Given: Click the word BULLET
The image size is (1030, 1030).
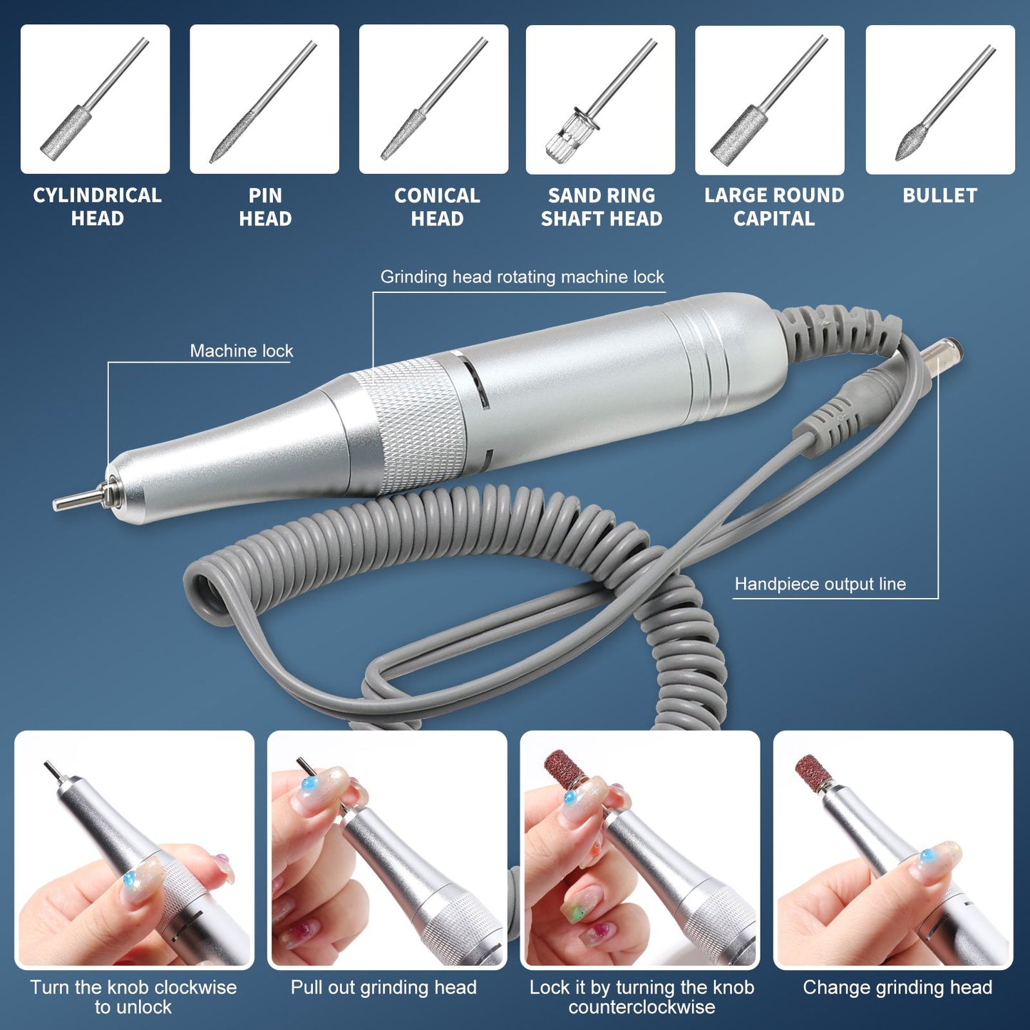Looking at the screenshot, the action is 939,195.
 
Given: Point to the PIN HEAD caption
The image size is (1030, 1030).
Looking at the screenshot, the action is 265,207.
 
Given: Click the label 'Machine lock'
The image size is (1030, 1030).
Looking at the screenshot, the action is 242,351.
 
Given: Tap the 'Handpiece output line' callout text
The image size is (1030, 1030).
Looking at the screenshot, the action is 820,584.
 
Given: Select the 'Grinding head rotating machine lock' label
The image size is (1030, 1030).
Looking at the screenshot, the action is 522,277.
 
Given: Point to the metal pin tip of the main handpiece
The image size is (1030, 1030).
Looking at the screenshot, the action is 80,497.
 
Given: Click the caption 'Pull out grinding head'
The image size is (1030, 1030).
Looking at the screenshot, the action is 383,987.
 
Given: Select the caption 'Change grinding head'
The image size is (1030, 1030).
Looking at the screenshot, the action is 897,987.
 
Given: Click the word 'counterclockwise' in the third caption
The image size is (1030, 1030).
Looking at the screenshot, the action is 642,1007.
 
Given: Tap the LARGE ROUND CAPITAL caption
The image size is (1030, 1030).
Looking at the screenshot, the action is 774,207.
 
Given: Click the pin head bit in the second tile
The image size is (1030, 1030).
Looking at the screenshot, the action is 264,101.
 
